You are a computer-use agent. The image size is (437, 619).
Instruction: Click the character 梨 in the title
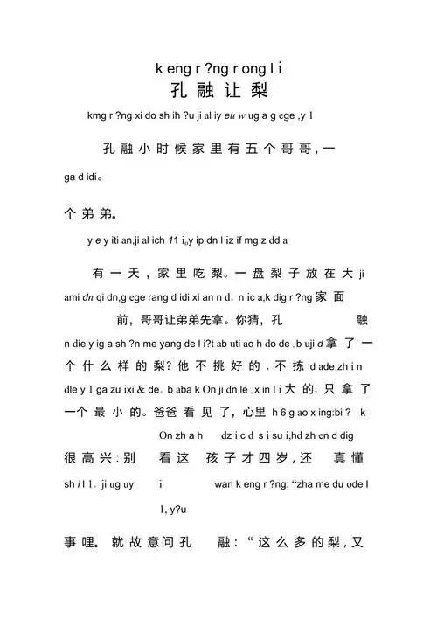coord(259,90)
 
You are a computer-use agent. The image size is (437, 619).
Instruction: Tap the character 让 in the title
coord(231,90)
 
